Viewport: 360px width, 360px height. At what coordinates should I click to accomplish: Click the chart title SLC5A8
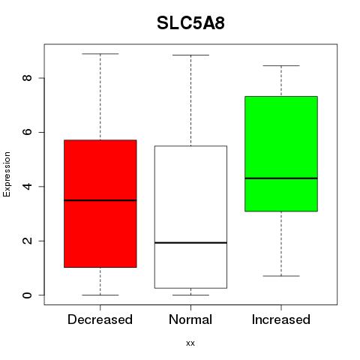pyautogui.click(x=190, y=23)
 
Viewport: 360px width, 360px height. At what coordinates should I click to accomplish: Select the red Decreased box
pyautogui.click(x=100, y=204)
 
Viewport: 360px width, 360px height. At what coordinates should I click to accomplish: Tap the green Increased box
pyautogui.click(x=281, y=154)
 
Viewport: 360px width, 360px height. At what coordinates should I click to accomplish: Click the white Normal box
pyautogui.click(x=190, y=217)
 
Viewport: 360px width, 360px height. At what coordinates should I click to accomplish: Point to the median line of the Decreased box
pyautogui.click(x=100, y=200)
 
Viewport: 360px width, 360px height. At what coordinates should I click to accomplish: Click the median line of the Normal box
pyautogui.click(x=190, y=242)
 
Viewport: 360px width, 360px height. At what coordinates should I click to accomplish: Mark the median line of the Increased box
pyautogui.click(x=281, y=178)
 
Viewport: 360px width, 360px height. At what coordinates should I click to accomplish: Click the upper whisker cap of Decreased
pyautogui.click(x=100, y=54)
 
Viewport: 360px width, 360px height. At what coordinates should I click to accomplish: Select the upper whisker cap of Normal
pyautogui.click(x=190, y=55)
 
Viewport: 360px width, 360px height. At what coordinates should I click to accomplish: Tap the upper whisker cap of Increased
pyautogui.click(x=281, y=66)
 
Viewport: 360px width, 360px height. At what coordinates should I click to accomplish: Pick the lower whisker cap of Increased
pyautogui.click(x=281, y=276)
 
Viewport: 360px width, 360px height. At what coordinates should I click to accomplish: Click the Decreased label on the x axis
pyautogui.click(x=100, y=319)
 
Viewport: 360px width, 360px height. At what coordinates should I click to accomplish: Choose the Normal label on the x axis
pyautogui.click(x=190, y=319)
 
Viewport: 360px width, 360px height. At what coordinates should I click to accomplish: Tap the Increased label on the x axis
pyautogui.click(x=281, y=319)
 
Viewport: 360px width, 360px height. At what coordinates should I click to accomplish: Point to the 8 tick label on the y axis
pyautogui.click(x=27, y=78)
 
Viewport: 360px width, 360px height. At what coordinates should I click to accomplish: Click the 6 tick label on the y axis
pyautogui.click(x=27, y=132)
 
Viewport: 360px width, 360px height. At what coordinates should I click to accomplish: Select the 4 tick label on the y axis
pyautogui.click(x=27, y=186)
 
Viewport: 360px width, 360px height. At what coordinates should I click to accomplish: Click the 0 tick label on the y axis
pyautogui.click(x=27, y=295)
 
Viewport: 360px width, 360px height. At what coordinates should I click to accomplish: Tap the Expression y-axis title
pyautogui.click(x=7, y=174)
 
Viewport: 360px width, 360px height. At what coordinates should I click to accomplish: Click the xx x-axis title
pyautogui.click(x=190, y=343)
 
